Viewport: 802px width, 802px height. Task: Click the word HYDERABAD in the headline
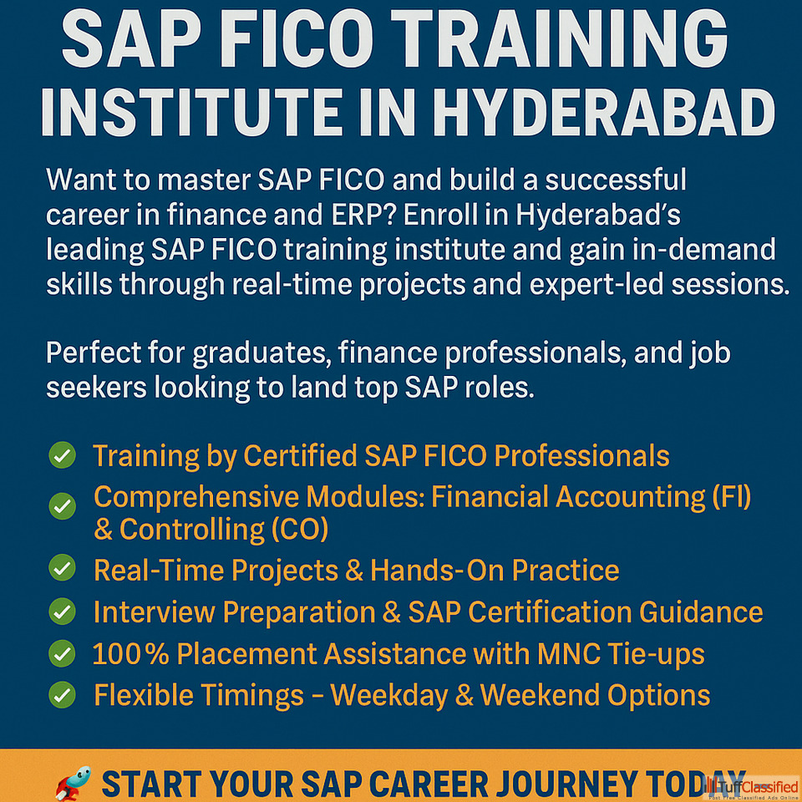pyautogui.click(x=604, y=113)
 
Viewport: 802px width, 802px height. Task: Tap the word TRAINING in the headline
pyautogui.click(x=559, y=38)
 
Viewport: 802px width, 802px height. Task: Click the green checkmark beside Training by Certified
pyautogui.click(x=63, y=454)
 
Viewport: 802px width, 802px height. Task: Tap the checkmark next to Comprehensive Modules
pyautogui.click(x=63, y=506)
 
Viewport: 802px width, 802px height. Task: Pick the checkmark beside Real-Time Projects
pyautogui.click(x=63, y=568)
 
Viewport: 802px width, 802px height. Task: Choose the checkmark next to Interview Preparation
pyautogui.click(x=63, y=612)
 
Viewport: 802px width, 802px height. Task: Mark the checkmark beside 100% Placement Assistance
pyautogui.click(x=63, y=653)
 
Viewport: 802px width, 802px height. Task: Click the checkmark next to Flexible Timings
pyautogui.click(x=63, y=695)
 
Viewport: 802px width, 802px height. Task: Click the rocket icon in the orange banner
pyautogui.click(x=74, y=783)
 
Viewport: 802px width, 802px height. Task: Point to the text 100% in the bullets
pyautogui.click(x=130, y=653)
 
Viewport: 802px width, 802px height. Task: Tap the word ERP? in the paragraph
pyautogui.click(x=363, y=216)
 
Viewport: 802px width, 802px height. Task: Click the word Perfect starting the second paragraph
pyautogui.click(x=93, y=353)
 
